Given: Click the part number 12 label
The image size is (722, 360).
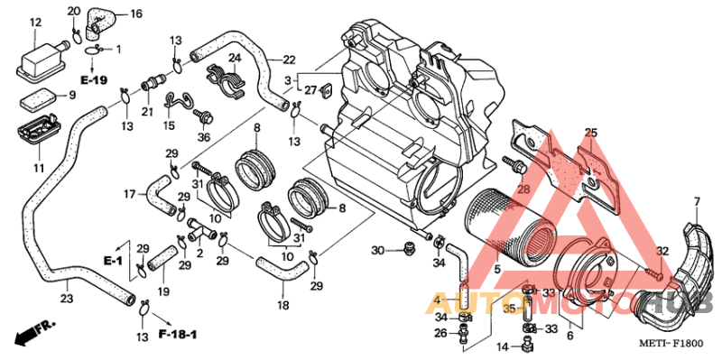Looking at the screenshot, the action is click(x=35, y=22).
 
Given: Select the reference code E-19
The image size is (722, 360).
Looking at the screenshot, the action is click(x=94, y=80).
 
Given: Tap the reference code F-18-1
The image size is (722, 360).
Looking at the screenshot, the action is click(x=178, y=334).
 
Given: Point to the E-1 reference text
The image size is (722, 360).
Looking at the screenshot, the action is click(x=113, y=262).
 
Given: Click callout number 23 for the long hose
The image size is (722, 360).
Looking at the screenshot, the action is click(x=66, y=299).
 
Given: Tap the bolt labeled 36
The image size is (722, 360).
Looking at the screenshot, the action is click(x=203, y=116).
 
